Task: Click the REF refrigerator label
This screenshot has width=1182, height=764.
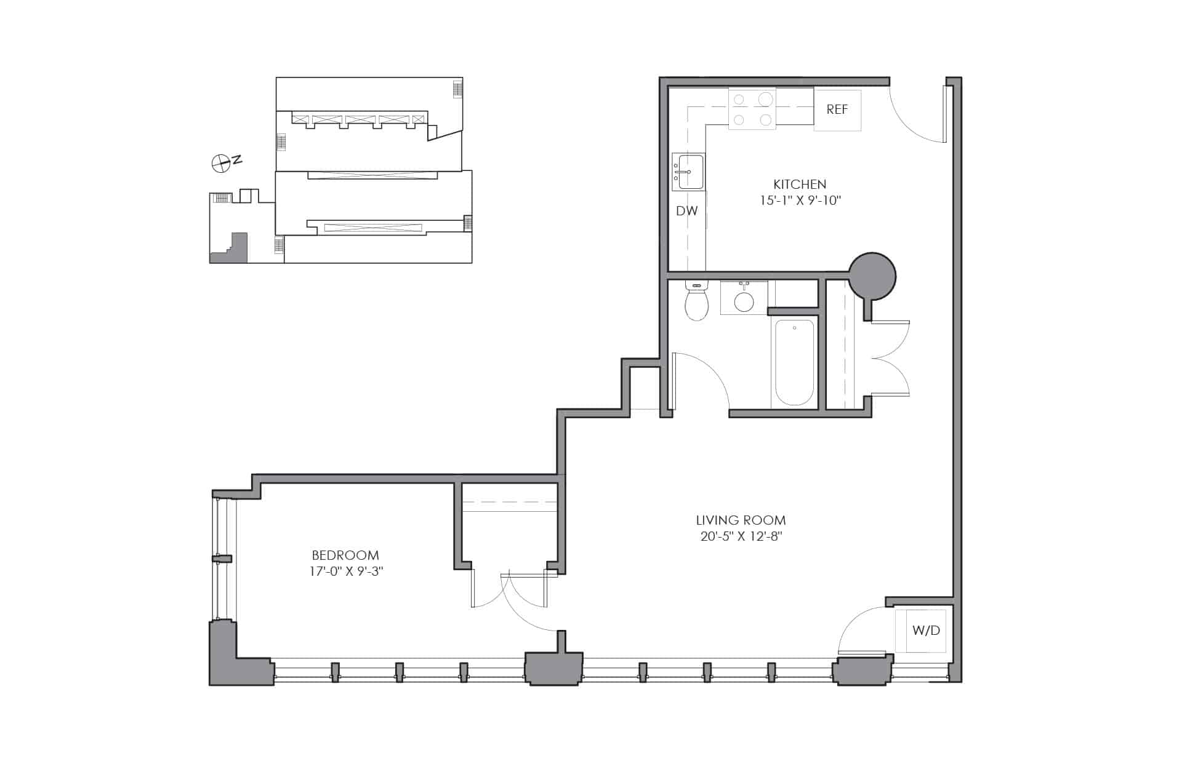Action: click(837, 109)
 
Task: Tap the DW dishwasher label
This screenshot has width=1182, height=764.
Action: click(687, 211)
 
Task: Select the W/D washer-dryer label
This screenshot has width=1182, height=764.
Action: click(927, 631)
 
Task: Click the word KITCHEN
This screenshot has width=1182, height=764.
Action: click(800, 184)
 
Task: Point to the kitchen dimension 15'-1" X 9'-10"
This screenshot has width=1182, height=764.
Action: click(800, 201)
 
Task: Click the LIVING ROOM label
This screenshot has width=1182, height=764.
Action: click(741, 520)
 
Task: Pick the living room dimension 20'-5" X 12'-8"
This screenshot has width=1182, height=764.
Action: click(741, 536)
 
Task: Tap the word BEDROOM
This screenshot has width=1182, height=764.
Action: click(345, 555)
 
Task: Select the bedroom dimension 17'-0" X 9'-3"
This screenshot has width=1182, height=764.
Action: click(347, 571)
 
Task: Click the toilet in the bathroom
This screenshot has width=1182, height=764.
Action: click(697, 301)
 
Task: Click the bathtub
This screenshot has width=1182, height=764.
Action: click(794, 362)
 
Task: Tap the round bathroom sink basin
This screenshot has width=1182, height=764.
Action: click(744, 301)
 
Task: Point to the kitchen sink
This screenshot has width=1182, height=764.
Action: click(688, 172)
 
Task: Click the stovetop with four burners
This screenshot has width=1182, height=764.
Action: click(752, 109)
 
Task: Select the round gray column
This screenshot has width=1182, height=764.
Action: click(872, 276)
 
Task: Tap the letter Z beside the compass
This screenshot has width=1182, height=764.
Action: click(237, 160)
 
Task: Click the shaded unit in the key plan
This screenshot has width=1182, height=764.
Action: click(230, 249)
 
